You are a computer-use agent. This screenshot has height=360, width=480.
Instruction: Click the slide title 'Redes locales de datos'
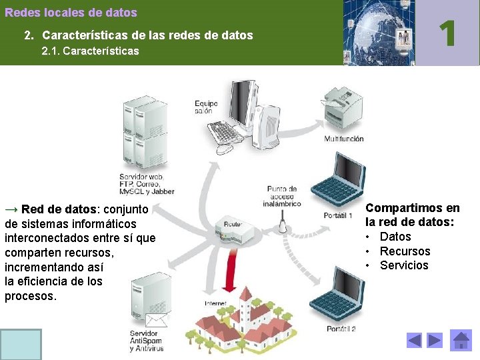point(71,13)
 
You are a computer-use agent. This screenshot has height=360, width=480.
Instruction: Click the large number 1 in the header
point(448,33)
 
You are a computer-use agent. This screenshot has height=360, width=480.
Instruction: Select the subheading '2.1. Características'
point(90,51)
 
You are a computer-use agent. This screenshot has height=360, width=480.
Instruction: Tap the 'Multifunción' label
point(344,139)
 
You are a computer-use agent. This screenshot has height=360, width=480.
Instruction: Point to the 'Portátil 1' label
point(338,216)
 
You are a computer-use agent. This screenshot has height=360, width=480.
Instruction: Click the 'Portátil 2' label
point(341,329)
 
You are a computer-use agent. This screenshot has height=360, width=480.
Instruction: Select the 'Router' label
point(233,225)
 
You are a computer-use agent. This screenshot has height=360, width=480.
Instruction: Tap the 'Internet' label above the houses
point(217,303)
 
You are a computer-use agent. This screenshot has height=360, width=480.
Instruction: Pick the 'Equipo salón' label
point(207,107)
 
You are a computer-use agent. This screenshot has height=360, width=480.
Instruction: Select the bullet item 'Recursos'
point(405,251)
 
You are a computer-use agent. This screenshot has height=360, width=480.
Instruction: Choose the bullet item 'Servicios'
point(404,265)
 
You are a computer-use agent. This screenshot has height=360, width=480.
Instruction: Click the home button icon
point(461,340)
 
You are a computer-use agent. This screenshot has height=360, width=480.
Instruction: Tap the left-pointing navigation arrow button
point(414,341)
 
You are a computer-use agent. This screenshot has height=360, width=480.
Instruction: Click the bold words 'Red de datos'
point(53,209)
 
